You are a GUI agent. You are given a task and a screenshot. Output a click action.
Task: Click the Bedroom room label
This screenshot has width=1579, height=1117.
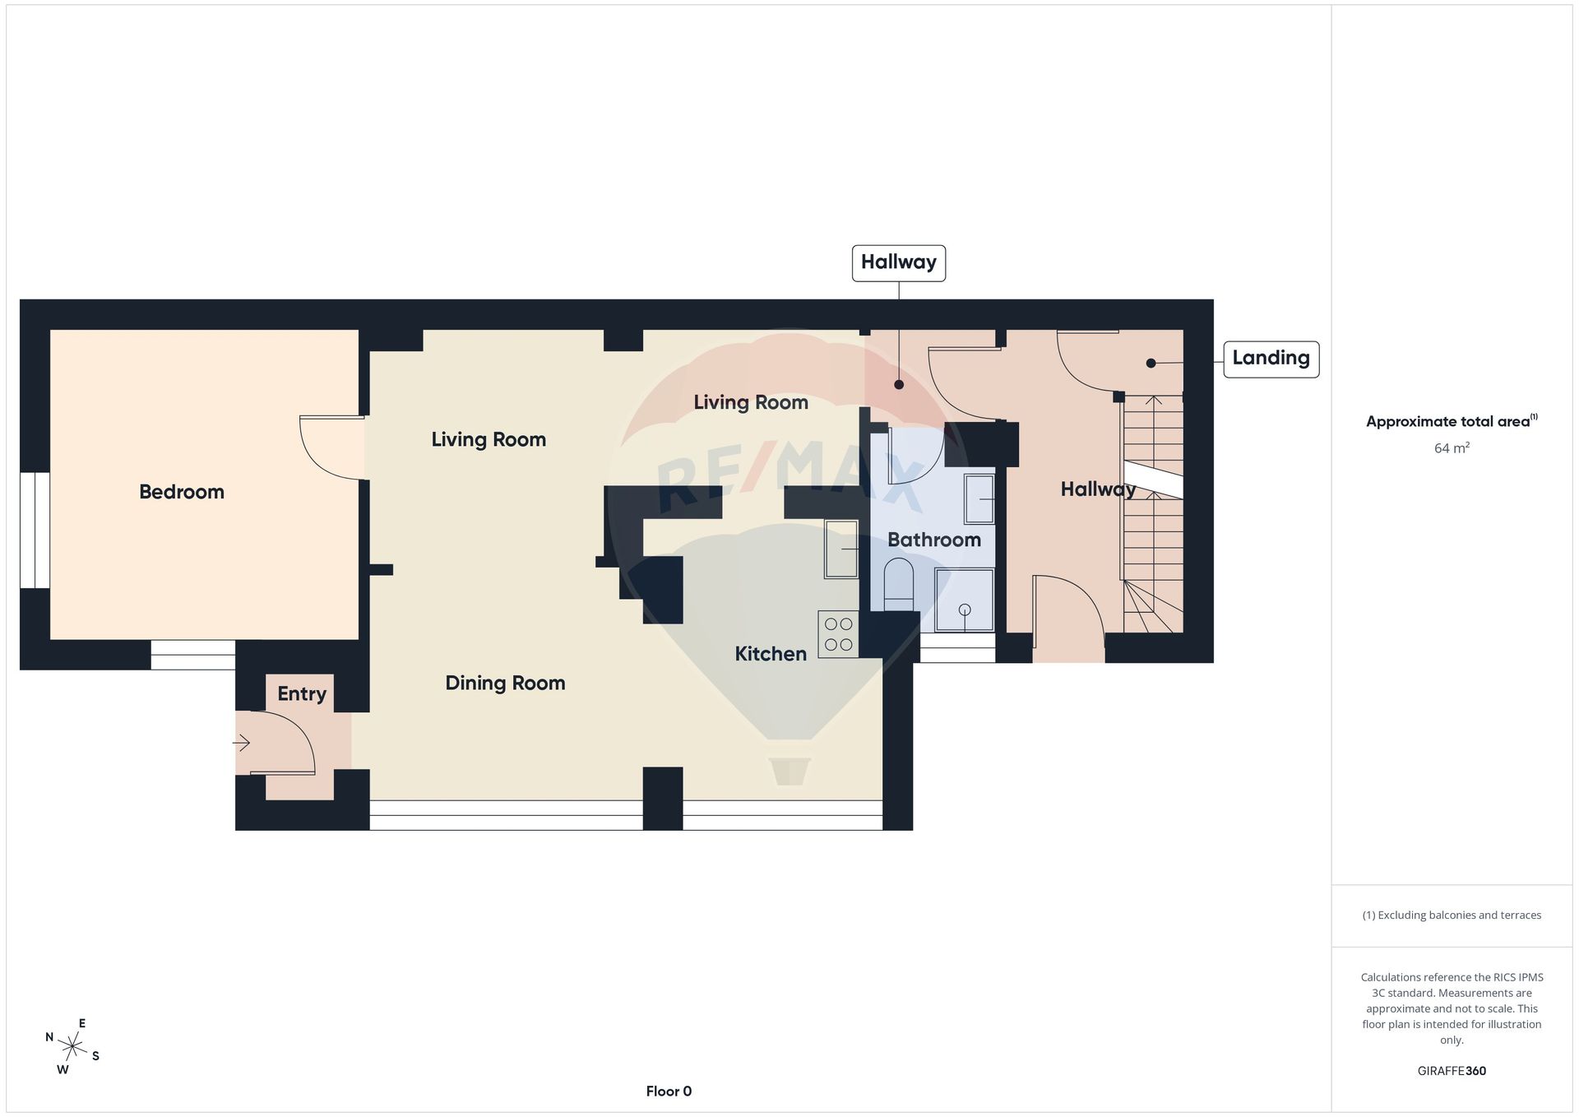[x=181, y=492]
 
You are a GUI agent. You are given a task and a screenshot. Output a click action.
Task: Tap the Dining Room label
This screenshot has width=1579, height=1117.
[x=505, y=683]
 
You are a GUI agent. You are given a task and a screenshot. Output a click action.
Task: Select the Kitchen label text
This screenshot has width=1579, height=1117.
[x=771, y=654]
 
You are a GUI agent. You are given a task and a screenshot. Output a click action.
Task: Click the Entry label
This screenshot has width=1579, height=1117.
[x=302, y=694]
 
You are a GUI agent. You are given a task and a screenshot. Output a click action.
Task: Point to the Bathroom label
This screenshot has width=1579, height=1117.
[x=934, y=540]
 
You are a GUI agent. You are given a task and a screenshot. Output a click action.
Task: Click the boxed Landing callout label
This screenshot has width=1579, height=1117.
[x=1271, y=359]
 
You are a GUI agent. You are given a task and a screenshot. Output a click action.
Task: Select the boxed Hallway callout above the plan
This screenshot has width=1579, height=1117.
[x=899, y=263]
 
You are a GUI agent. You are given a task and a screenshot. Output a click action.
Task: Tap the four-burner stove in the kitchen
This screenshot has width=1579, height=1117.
[x=838, y=634]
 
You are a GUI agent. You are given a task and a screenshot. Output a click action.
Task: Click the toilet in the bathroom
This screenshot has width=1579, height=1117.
[x=899, y=584]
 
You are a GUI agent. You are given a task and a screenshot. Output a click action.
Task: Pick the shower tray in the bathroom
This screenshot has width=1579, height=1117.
[x=964, y=600]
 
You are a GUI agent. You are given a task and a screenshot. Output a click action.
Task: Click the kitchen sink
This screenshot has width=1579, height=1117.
[x=841, y=549]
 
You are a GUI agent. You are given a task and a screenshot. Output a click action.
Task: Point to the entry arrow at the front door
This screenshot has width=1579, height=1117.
[x=241, y=744]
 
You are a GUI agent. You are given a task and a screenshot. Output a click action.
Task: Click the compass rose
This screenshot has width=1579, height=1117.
[x=73, y=1047]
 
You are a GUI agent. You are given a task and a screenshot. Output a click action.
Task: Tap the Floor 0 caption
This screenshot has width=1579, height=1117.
[x=669, y=1092]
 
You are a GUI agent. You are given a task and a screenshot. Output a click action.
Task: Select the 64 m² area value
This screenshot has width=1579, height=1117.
[x=1452, y=448]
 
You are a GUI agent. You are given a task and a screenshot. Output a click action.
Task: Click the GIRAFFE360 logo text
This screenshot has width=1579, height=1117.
[x=1452, y=1071]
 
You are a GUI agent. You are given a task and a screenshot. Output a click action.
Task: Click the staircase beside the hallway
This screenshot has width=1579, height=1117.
[x=1153, y=514]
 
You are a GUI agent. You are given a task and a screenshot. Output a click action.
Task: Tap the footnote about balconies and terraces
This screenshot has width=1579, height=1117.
[x=1452, y=915]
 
